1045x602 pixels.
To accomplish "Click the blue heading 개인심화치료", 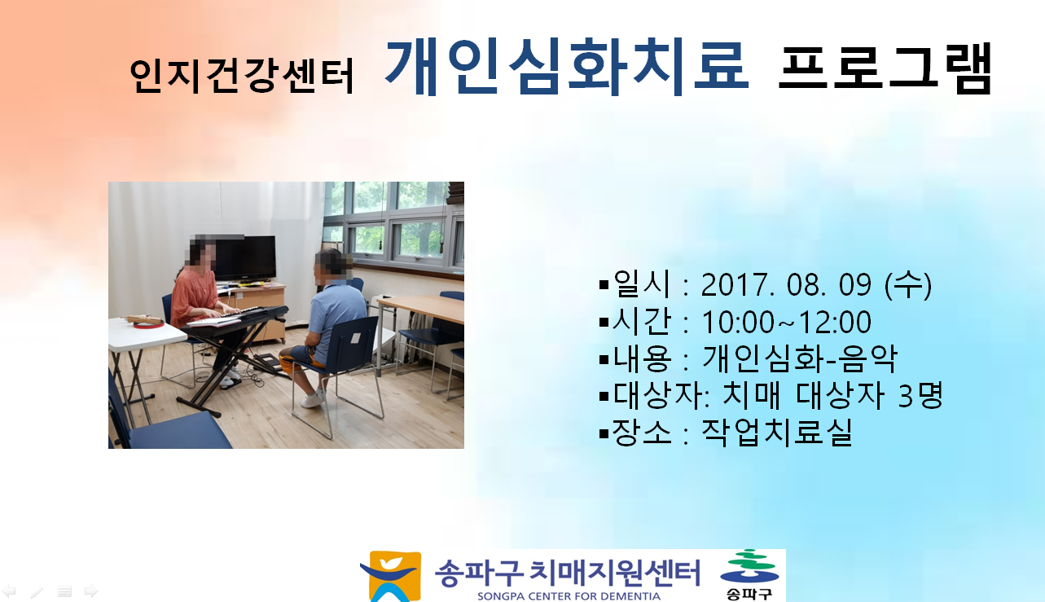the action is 567,67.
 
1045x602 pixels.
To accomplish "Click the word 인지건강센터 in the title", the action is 242,76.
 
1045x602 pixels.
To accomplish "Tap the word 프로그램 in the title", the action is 885,68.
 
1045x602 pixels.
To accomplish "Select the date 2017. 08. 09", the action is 786,284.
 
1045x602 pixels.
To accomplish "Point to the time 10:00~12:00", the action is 786,322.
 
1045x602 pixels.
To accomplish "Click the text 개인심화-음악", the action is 800,358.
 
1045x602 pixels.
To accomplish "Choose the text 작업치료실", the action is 777,432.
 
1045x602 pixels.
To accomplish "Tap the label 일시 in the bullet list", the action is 642,283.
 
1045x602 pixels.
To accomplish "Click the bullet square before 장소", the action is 604,433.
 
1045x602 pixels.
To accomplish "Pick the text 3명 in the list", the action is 920,395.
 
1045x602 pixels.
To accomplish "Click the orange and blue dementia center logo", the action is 391,576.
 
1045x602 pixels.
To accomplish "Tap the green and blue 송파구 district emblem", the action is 749,574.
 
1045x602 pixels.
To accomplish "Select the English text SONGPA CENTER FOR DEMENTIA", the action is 569,596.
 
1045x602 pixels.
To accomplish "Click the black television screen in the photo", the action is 245,257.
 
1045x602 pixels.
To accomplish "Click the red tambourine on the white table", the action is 148,323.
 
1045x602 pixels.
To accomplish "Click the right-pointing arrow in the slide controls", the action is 91,591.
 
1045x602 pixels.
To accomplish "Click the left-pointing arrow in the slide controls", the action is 9,591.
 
